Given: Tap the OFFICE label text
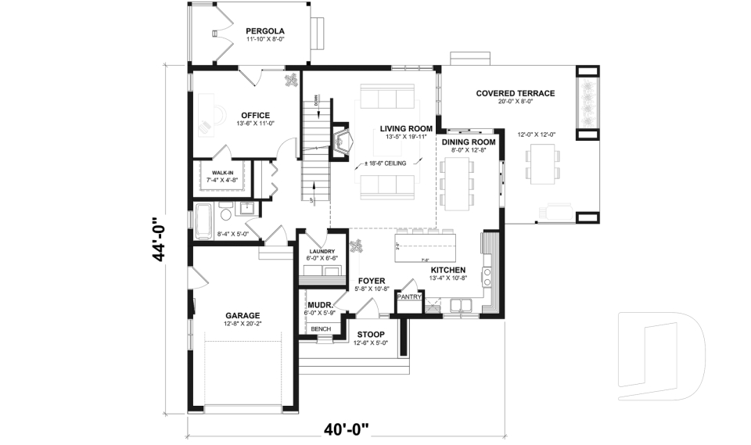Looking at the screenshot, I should [x=255, y=115].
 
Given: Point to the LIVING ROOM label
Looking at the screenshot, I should [x=406, y=128].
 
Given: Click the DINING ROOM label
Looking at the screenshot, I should [x=469, y=142].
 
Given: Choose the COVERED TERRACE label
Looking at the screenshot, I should [x=515, y=93].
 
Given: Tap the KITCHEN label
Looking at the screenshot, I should [x=448, y=269].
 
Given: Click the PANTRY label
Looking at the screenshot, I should [x=410, y=297].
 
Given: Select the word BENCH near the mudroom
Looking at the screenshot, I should [x=321, y=329].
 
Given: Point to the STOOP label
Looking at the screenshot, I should [x=372, y=334].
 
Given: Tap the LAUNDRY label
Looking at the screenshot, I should [x=322, y=251].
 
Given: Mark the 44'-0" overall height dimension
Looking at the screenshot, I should [x=160, y=239].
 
